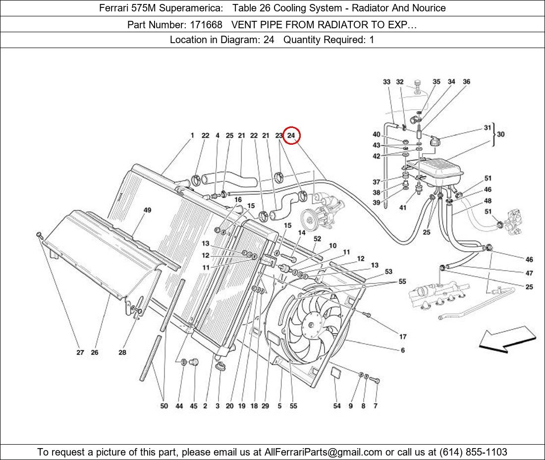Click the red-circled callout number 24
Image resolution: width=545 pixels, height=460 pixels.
point(291,135)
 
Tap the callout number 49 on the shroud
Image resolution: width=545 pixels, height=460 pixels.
point(147,210)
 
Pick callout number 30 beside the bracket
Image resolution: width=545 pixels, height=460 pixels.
point(501,134)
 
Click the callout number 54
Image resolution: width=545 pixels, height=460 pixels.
point(337,406)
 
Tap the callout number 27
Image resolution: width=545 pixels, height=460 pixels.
point(80,352)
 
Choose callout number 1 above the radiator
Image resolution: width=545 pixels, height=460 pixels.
point(192,135)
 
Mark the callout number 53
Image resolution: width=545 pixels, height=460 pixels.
point(388,272)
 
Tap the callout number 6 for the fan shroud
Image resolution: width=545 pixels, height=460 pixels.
point(403,350)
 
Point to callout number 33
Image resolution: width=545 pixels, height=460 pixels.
point(386,82)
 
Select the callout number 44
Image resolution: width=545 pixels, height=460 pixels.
point(179,406)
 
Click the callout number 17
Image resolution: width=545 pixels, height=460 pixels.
point(403,337)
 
